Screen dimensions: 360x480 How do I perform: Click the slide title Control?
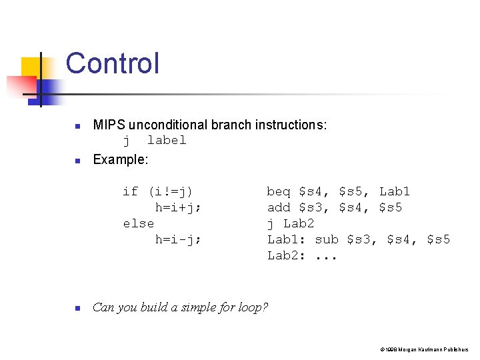[113, 64]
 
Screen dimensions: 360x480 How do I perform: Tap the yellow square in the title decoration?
[32, 67]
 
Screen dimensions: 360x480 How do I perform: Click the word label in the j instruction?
[167, 140]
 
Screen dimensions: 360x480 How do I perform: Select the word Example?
[121, 159]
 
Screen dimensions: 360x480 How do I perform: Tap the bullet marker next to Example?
[77, 161]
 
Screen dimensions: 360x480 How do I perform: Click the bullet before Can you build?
[77, 309]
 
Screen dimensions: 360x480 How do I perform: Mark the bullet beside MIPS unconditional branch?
[77, 126]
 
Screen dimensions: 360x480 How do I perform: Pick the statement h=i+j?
[178, 207]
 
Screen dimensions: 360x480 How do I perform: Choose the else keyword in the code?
[139, 223]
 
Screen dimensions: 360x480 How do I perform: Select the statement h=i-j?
[178, 239]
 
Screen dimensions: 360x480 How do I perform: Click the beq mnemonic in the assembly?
[279, 191]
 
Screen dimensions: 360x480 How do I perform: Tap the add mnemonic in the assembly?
[279, 207]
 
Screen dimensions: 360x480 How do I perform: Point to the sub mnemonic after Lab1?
[327, 239]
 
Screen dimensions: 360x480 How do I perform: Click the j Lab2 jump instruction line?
[291, 223]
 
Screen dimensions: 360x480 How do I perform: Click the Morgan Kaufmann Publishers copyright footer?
[424, 349]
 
